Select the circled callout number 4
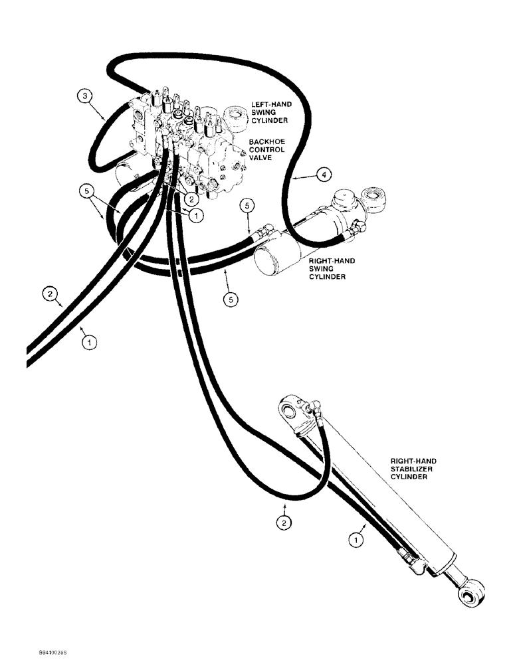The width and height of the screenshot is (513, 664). click(x=323, y=175)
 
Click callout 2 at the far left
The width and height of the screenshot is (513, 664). click(x=49, y=291)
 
